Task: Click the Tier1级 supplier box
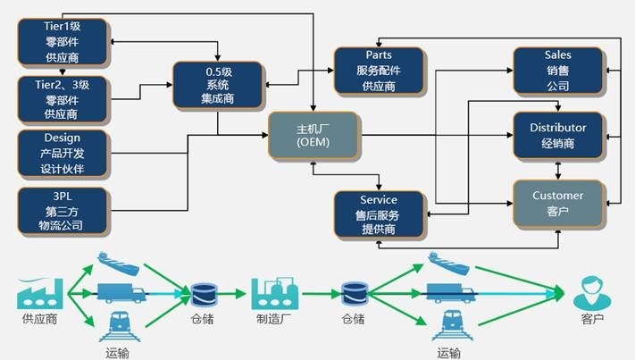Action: (62, 41)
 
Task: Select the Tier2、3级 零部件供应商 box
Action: (62, 98)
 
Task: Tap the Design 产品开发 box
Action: (62, 153)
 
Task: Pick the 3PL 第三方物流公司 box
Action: (62, 210)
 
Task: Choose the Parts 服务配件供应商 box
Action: (379, 71)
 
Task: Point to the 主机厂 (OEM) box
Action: (313, 136)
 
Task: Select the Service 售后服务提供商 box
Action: (379, 215)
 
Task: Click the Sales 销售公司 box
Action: (557, 71)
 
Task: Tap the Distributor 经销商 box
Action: (557, 136)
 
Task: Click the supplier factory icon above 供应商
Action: (40, 290)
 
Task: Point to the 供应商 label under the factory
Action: (39, 319)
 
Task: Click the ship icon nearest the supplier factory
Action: (117, 263)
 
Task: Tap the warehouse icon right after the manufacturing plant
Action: (353, 292)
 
